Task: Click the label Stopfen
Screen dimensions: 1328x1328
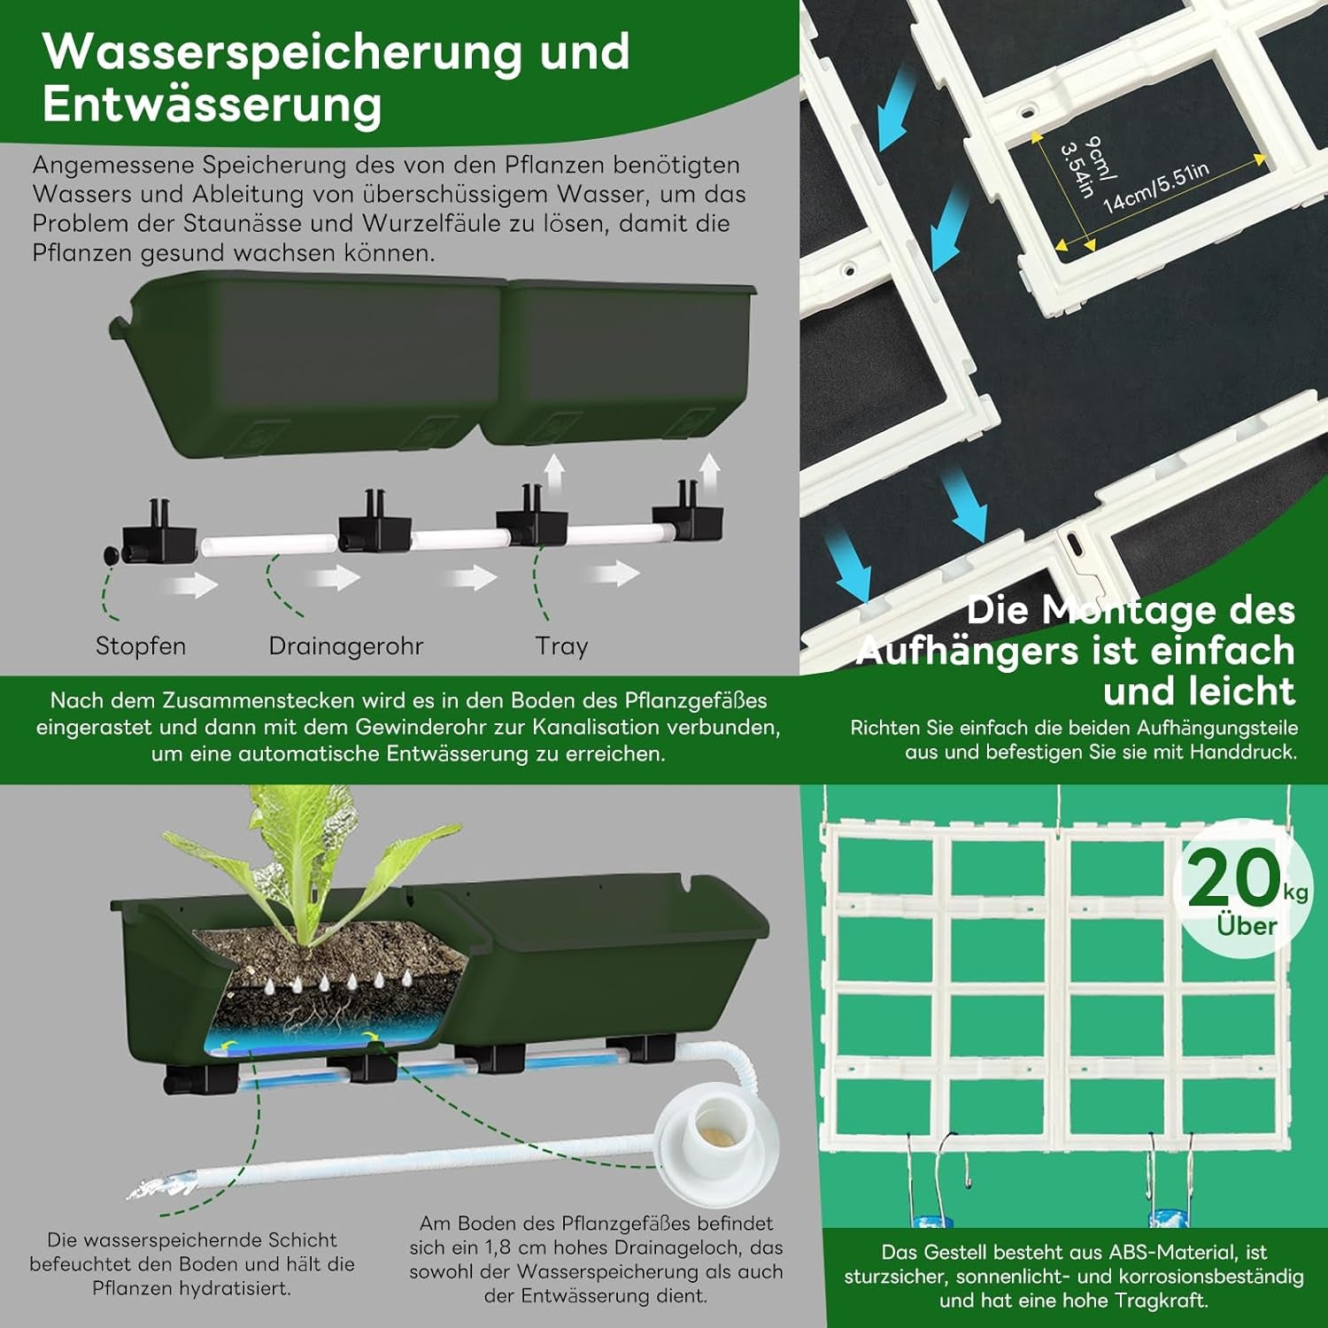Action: coord(141,646)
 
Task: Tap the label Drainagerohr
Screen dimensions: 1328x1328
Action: coord(346,646)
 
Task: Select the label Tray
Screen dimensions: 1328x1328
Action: coord(561,646)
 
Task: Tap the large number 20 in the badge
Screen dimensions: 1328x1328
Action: coord(1233,877)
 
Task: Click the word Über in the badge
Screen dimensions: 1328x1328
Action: coord(1247,926)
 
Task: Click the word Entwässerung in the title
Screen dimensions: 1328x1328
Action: coord(212,104)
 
